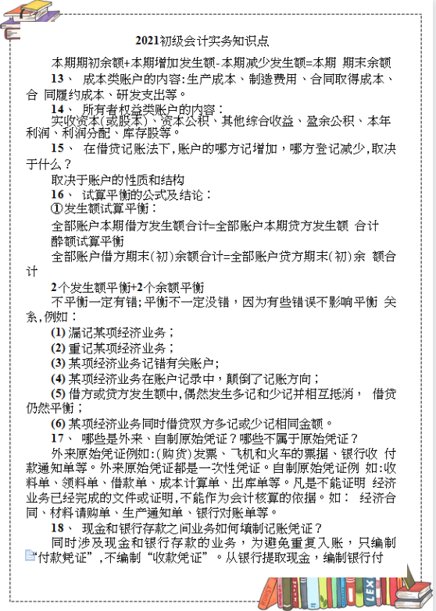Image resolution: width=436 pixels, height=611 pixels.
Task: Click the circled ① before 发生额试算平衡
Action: click(56, 209)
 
